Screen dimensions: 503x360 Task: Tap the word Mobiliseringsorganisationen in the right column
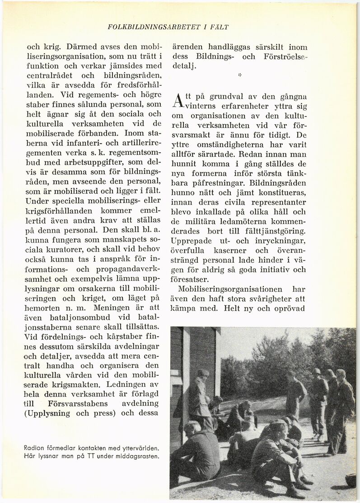230,289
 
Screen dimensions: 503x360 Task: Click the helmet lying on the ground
350,480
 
